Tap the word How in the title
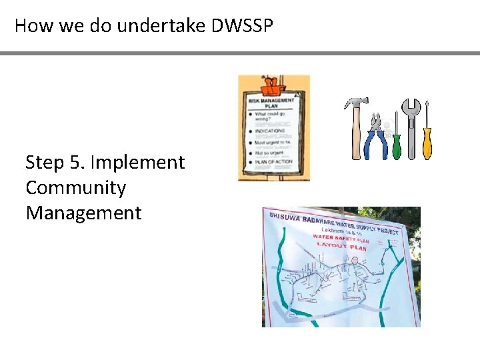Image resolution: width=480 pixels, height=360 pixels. coord(29,26)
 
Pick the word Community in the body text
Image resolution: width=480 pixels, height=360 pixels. coord(75,188)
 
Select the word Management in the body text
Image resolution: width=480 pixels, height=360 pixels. coord(83,213)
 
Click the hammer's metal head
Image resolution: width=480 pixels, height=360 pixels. coord(356,103)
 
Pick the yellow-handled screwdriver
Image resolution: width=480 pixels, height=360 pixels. coord(427,140)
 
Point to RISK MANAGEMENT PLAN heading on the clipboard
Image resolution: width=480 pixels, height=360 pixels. coord(271,103)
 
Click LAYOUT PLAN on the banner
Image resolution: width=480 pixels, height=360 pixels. coord(341,246)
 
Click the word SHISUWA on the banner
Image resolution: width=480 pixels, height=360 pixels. coord(283,217)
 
